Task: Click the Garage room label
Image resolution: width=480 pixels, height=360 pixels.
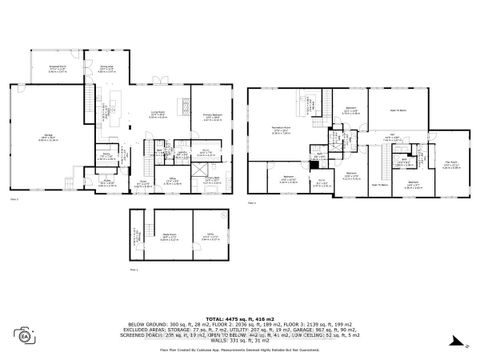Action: coord(45,138)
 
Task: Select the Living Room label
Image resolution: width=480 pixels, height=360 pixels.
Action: coord(157,113)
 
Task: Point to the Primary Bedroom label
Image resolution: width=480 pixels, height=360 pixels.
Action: coord(212,115)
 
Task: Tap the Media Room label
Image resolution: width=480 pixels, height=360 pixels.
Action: coord(169,236)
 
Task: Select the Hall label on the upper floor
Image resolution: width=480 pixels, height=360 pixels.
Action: coord(393,137)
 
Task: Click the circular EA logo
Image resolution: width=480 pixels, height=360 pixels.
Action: coord(23,333)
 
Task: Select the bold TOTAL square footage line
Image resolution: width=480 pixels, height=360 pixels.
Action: coord(240,317)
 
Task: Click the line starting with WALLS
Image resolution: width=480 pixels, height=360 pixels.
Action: coord(240,343)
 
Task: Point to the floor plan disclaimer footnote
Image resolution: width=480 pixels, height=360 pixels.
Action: coord(240,351)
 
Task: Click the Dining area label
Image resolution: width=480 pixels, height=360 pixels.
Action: coord(105,68)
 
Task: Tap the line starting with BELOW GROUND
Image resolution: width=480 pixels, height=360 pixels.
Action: coord(240,324)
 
